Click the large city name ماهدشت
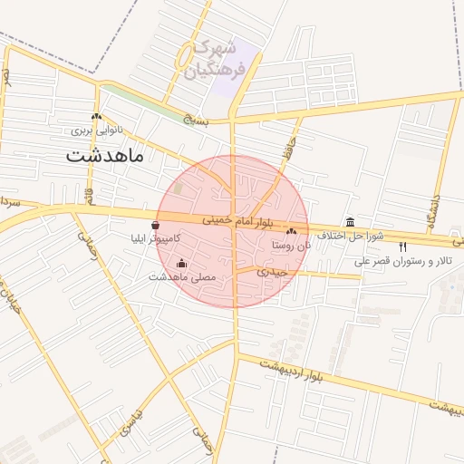coord(105,155)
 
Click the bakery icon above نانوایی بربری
coord(97,116)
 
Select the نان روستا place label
coord(290,246)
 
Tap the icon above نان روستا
coord(290,233)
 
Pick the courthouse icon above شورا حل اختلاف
coord(351,223)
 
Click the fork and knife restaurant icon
coord(402,246)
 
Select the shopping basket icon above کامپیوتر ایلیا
coord(157,225)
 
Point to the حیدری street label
coord(272,271)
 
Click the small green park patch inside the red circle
coord(178,188)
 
